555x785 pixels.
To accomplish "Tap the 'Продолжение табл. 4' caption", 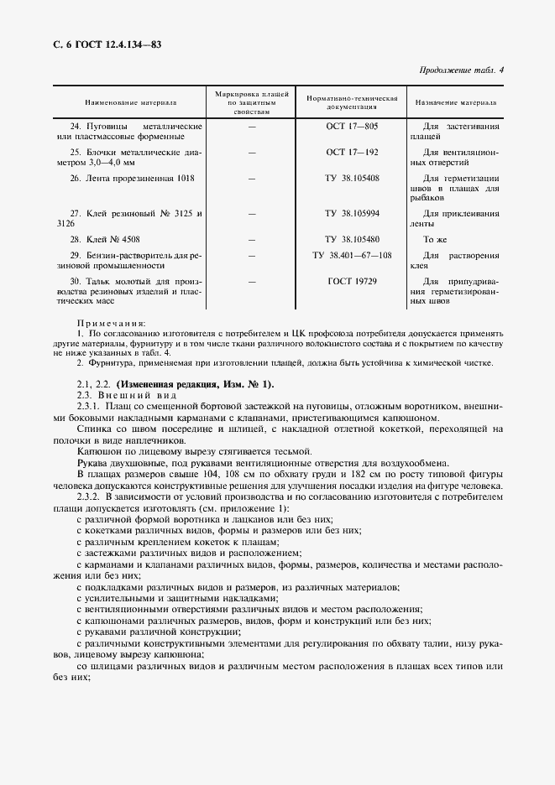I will [x=461, y=70].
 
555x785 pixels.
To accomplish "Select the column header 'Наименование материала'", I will [x=129, y=102].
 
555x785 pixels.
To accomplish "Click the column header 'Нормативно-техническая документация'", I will [x=352, y=102].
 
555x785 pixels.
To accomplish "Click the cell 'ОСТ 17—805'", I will [x=352, y=126].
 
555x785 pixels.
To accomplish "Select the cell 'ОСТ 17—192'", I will [x=352, y=153].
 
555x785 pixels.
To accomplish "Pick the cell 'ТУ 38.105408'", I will [x=352, y=179].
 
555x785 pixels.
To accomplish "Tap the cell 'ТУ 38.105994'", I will [x=352, y=214].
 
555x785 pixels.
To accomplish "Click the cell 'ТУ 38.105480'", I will [x=352, y=240].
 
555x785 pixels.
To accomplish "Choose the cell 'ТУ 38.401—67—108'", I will [x=352, y=255].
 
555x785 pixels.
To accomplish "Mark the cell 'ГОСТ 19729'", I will [x=352, y=281].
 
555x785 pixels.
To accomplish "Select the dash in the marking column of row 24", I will [x=252, y=126].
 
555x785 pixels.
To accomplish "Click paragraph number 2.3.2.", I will [x=87, y=498].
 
